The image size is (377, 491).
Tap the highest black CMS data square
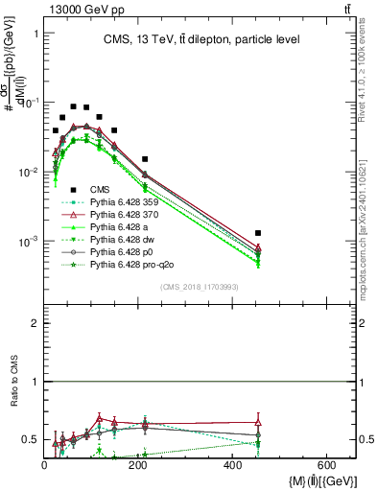tap(74, 106)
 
